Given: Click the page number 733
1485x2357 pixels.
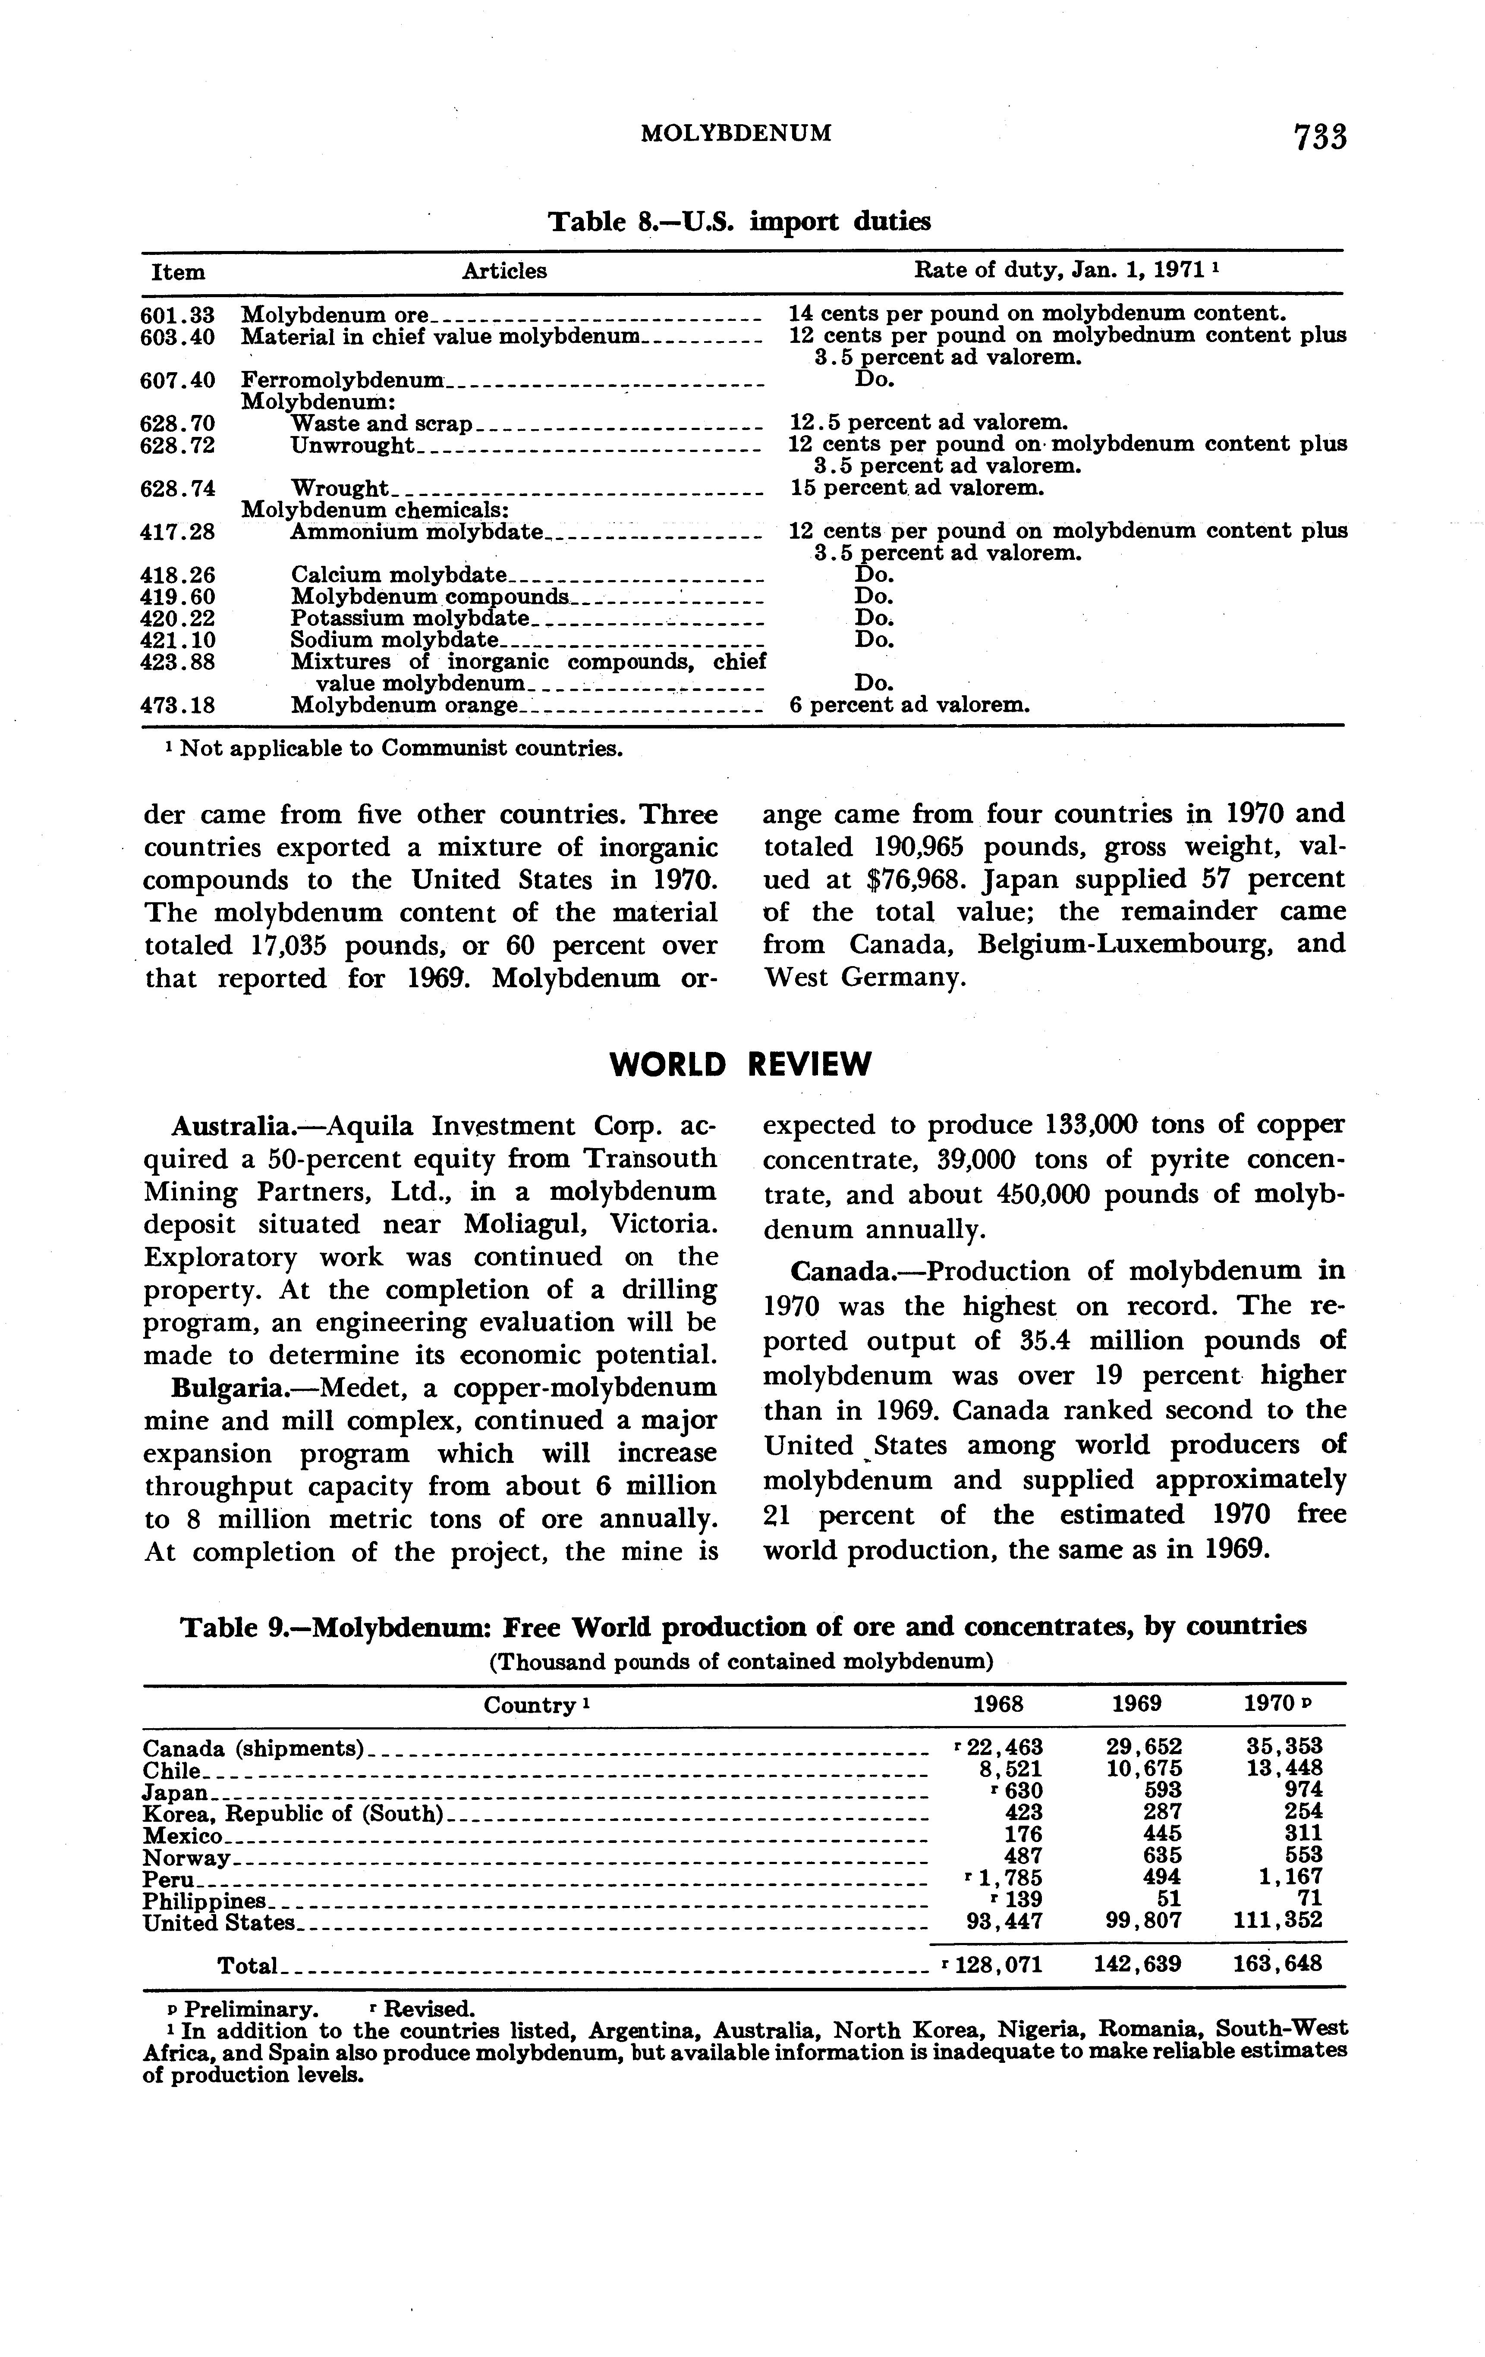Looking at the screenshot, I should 1320,136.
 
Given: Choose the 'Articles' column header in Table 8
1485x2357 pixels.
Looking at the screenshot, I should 504,271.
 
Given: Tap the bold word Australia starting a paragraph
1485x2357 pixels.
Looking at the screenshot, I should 219,1127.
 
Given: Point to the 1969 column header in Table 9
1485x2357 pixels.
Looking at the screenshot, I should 1136,1704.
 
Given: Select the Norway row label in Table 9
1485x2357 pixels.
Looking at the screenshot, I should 186,1857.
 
